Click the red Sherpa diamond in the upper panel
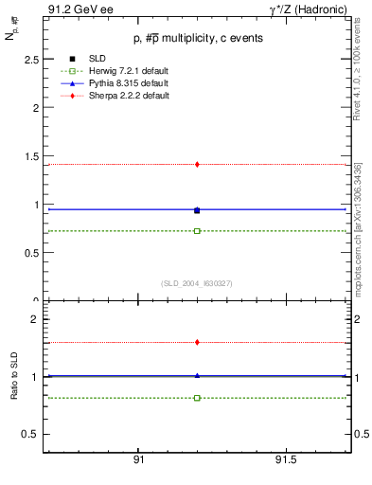tap(197, 164)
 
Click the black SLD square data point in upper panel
tap(197, 210)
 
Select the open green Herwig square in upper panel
tap(197, 231)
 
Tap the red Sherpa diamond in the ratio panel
tap(197, 342)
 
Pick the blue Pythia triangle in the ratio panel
tap(197, 375)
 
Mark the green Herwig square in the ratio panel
tap(197, 398)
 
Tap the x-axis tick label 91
tap(138, 459)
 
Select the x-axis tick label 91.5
tap(285, 459)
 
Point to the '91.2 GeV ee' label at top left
tap(74, 9)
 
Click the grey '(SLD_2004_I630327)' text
tap(197, 282)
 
